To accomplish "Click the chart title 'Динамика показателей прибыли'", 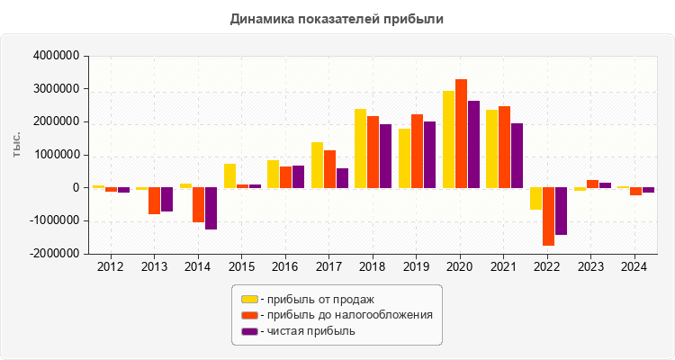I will point(337,18).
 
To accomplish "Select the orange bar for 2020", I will point(461,134).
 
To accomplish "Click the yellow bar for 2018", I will point(360,148).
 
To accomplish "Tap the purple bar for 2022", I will point(562,211).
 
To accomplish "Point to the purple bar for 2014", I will point(211,208).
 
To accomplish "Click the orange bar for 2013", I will point(155,201).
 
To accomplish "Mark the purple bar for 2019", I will point(429,155).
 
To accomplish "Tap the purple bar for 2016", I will point(298,176).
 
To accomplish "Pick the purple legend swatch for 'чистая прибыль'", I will point(249,331).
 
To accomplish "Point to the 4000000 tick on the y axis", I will point(55,56).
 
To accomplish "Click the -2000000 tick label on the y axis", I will point(53,254).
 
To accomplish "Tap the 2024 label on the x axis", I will point(634,266).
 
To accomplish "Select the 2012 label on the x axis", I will point(111,266).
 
